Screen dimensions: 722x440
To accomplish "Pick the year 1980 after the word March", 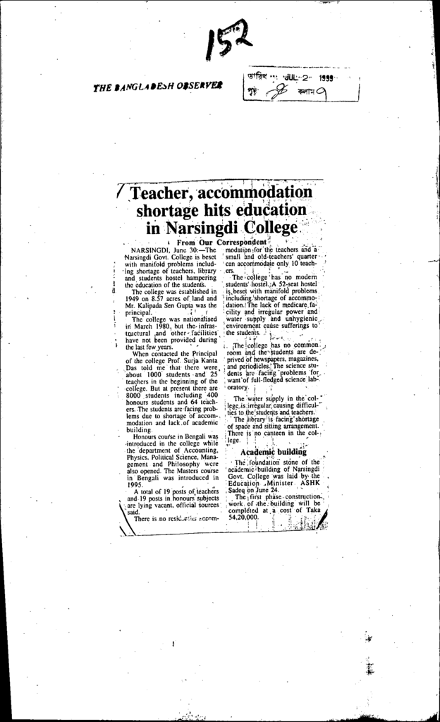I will click(x=163, y=326).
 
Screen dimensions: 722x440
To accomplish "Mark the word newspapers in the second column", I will click(x=266, y=358).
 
